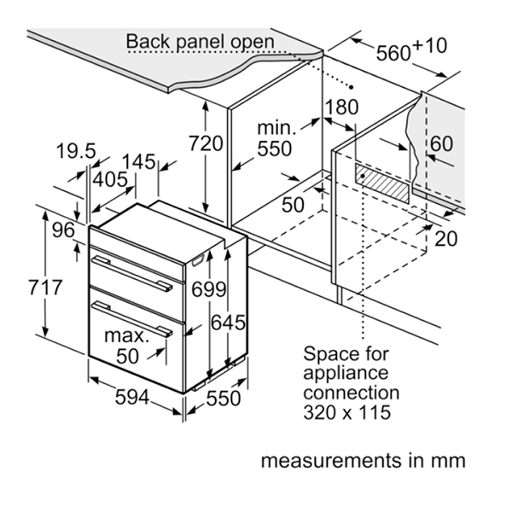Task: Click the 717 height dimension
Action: tap(45, 288)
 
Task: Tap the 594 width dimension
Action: tap(131, 398)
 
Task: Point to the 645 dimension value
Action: tap(229, 323)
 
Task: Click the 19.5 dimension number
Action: tap(76, 152)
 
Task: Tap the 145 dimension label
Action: tap(137, 160)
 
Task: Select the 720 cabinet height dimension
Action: tap(206, 144)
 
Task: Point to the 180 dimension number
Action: tap(340, 107)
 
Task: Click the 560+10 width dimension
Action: tap(410, 50)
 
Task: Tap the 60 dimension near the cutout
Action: tap(442, 143)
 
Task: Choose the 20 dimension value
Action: tap(445, 238)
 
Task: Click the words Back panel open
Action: tap(201, 41)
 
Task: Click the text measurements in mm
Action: tap(363, 461)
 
